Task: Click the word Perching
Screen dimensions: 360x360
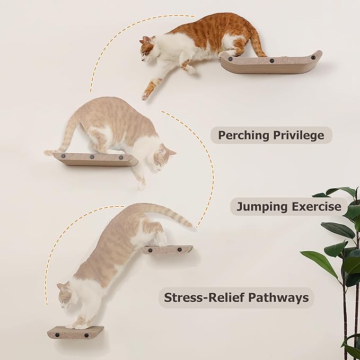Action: click(243, 135)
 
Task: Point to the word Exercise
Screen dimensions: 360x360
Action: click(316, 206)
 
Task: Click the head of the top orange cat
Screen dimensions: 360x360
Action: click(148, 48)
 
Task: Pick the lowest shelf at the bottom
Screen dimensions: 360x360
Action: click(75, 333)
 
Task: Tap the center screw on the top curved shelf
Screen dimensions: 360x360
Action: click(272, 62)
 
